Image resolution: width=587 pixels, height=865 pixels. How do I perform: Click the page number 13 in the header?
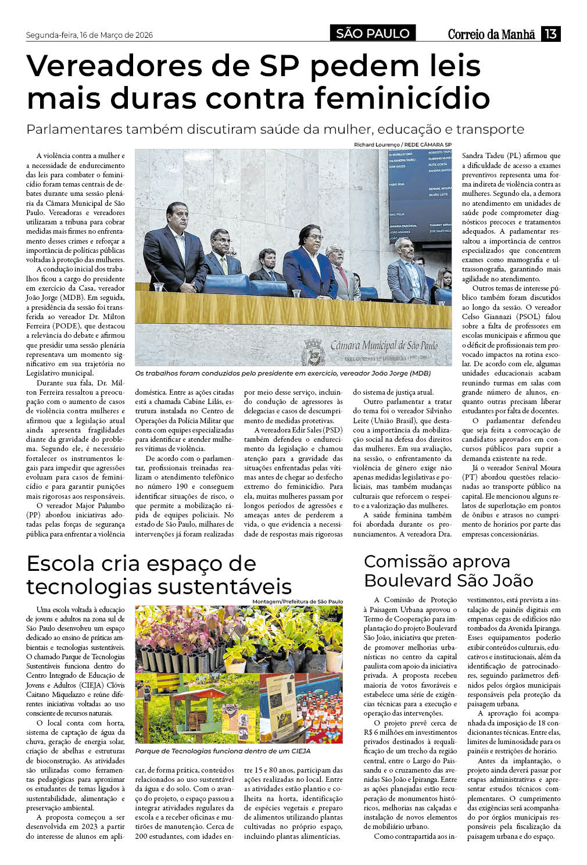[x=550, y=34]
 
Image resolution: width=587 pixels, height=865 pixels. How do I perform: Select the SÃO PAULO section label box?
[x=373, y=34]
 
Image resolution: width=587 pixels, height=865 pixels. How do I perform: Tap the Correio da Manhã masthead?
[x=491, y=34]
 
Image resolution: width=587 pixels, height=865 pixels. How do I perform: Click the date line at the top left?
[x=90, y=35]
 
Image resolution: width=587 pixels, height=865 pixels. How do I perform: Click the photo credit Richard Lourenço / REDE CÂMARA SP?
[x=402, y=145]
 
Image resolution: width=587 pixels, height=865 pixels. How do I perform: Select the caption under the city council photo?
[x=283, y=373]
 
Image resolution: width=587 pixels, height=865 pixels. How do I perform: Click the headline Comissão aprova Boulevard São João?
[x=448, y=571]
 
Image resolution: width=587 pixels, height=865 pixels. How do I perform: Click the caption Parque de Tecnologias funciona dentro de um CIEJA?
[x=223, y=751]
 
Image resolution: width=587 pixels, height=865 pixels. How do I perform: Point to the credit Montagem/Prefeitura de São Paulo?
[x=298, y=601]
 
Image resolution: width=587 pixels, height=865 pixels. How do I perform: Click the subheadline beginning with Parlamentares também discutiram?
[x=275, y=129]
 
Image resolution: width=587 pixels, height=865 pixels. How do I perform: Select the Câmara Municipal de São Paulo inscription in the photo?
[x=384, y=346]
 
